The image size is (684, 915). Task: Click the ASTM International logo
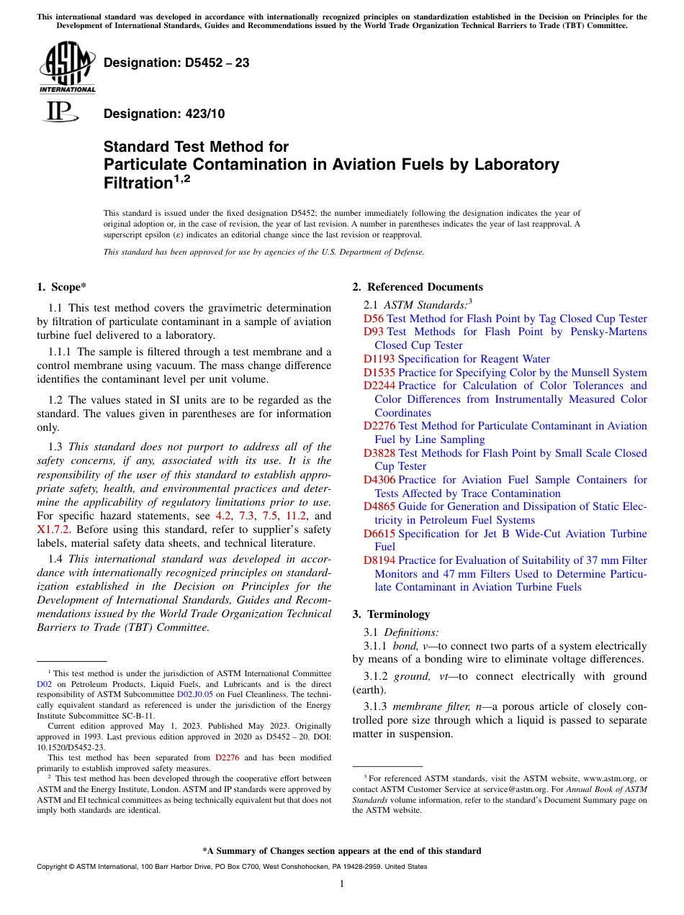67,68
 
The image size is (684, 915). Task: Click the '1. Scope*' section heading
61,287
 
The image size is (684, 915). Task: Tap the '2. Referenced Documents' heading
418,287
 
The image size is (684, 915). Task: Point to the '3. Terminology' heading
391,614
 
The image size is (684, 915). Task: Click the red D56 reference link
374,319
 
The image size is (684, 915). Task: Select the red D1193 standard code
379,359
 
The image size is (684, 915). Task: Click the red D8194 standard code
379,560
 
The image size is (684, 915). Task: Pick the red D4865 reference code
379,506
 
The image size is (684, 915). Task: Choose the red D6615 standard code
379,534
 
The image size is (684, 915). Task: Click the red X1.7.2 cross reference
53,529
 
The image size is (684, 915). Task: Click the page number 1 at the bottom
342,884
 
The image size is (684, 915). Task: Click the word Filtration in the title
136,183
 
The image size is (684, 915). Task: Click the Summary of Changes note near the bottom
341,851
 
